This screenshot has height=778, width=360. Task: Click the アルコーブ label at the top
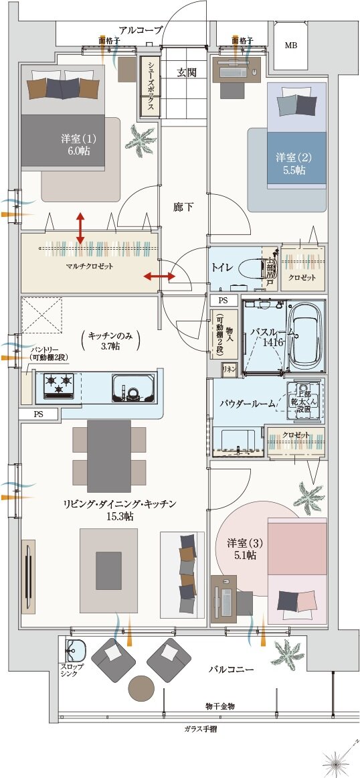141,29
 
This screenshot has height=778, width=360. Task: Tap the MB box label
291,46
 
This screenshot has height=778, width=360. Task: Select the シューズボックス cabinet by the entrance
150,86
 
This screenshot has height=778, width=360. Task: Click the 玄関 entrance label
187,72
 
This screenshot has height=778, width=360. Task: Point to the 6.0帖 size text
78,152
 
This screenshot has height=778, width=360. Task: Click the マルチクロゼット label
90,266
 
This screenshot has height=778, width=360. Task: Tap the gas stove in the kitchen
58,385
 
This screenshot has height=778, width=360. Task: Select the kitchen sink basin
130,388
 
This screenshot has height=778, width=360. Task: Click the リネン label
229,368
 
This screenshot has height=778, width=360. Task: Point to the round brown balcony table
142,688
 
